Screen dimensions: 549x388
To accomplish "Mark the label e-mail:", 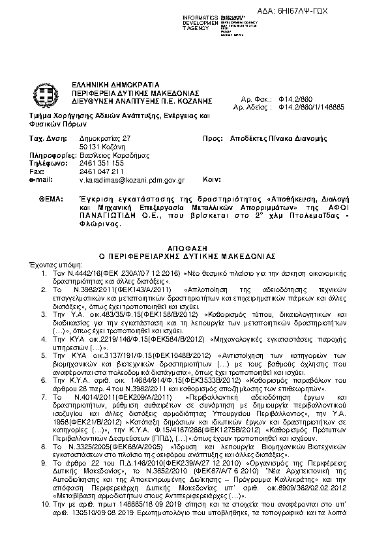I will pos(40,179).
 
